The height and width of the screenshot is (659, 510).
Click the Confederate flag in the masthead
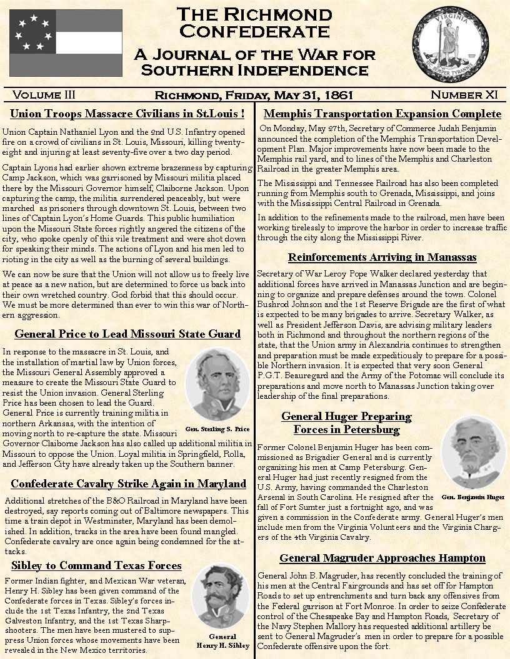coord(66,41)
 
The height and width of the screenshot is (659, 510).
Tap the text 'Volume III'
coord(44,95)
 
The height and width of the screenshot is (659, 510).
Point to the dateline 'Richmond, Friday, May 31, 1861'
coord(254,95)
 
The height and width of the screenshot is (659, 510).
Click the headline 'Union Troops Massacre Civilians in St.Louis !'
coord(127,114)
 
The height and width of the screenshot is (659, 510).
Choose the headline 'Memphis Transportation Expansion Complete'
coord(382,114)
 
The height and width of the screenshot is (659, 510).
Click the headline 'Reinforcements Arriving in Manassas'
coord(382,257)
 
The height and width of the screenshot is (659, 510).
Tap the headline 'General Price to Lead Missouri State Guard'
coord(127,334)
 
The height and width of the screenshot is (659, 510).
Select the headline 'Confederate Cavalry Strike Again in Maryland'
coord(129,484)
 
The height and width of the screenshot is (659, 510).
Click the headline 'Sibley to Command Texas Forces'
coord(97,565)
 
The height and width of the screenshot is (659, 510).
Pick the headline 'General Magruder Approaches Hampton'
coord(382,558)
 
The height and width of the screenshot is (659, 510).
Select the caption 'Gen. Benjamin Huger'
coord(473,497)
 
